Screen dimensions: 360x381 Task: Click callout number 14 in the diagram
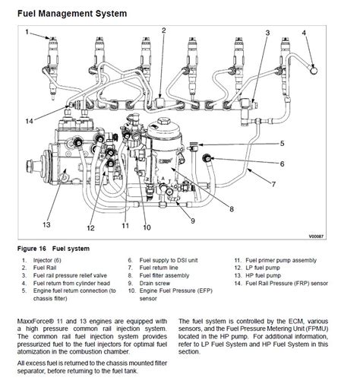coord(29,121)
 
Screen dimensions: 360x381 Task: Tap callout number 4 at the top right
coord(304,33)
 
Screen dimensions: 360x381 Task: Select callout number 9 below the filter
coord(193,221)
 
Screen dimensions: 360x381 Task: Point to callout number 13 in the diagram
coord(46,224)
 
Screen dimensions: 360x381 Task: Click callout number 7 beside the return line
coord(273,184)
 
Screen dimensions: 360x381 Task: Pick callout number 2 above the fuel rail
coord(164,30)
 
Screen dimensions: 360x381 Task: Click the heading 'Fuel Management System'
coord(72,13)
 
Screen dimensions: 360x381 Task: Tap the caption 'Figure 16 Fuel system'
coord(53,249)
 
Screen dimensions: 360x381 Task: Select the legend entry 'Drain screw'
coord(155,283)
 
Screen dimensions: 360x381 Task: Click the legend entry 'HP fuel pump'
coord(264,275)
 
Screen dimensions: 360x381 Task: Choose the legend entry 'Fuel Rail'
coord(45,268)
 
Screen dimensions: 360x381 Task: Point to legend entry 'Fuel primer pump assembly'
coord(281,260)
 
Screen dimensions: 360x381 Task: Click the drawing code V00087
coord(316,237)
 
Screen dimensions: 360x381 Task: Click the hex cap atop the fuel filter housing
coord(164,121)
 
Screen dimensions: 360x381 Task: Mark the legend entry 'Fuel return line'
coord(159,268)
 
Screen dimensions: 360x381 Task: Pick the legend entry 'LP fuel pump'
coord(263,268)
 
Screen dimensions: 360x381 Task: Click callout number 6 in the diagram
coord(282,164)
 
